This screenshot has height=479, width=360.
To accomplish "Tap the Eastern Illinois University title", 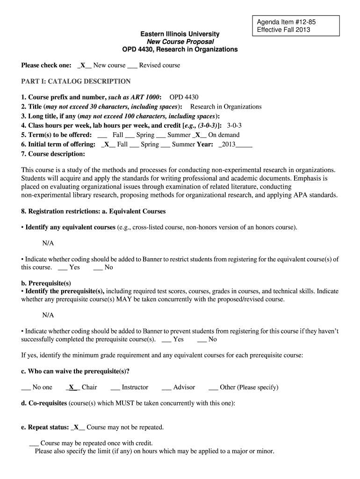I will (180, 34).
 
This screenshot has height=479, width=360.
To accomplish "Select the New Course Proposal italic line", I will (180, 42).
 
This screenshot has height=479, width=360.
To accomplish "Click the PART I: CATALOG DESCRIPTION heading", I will (76, 81).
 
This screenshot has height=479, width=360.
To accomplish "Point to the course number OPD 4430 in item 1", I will (184, 97).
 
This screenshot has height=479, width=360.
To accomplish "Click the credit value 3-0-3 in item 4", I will (234, 125).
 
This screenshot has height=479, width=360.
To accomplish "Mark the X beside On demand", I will (198, 135).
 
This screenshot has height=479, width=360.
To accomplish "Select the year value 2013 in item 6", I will (229, 144).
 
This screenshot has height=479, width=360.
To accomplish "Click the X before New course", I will (83, 65).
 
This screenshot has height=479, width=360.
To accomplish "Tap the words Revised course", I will (159, 65).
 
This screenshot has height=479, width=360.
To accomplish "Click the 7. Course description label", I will (53, 153).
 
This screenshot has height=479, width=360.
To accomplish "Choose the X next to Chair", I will (72, 387).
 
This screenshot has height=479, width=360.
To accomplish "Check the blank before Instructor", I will (115, 387).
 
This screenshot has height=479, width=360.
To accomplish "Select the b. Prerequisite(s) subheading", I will (46, 283).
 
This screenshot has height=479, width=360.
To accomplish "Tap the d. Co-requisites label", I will (44, 403).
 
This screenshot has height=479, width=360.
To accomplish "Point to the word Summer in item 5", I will (179, 135).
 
